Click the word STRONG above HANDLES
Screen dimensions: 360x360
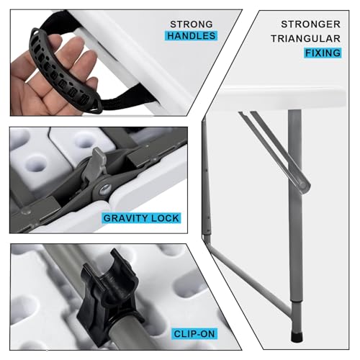192,24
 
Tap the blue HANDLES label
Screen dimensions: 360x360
191,36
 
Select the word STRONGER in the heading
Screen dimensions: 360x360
310,24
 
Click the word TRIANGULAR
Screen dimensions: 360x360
305,39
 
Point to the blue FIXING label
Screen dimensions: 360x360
323,53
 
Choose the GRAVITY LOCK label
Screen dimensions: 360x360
141,218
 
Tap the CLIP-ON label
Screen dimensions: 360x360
194,334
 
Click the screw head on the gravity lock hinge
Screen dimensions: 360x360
105,190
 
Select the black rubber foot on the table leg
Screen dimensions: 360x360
297,336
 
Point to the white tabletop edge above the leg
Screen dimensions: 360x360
283,99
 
